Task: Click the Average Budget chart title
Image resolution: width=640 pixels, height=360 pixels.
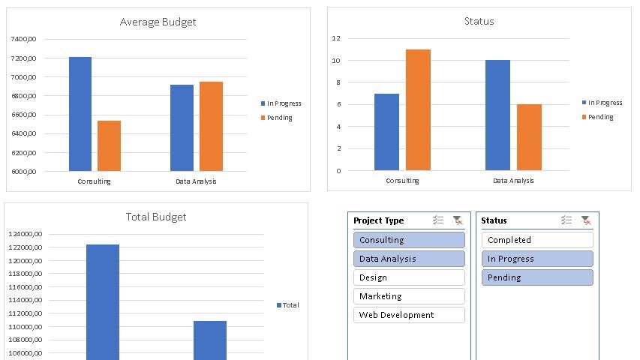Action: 158,22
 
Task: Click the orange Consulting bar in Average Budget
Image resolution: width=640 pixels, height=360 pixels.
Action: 109,145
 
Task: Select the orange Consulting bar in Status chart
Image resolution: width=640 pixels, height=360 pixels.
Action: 418,109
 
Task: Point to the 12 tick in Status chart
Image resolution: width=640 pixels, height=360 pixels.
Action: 336,38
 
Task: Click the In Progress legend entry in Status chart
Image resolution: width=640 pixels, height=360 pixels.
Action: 602,103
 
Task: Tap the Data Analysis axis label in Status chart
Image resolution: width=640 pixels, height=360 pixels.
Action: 513,181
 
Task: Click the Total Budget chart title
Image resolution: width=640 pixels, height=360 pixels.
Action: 155,217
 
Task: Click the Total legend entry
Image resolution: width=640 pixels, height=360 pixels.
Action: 288,305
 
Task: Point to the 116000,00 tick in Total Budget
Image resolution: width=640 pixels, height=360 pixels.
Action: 25,287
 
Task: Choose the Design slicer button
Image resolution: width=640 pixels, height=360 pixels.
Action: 409,277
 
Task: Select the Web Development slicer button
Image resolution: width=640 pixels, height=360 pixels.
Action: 409,315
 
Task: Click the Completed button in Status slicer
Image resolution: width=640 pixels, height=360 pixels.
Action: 536,240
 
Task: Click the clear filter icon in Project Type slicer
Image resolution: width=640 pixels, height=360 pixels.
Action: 458,220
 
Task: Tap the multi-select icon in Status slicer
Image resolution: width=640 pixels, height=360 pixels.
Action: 566,220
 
